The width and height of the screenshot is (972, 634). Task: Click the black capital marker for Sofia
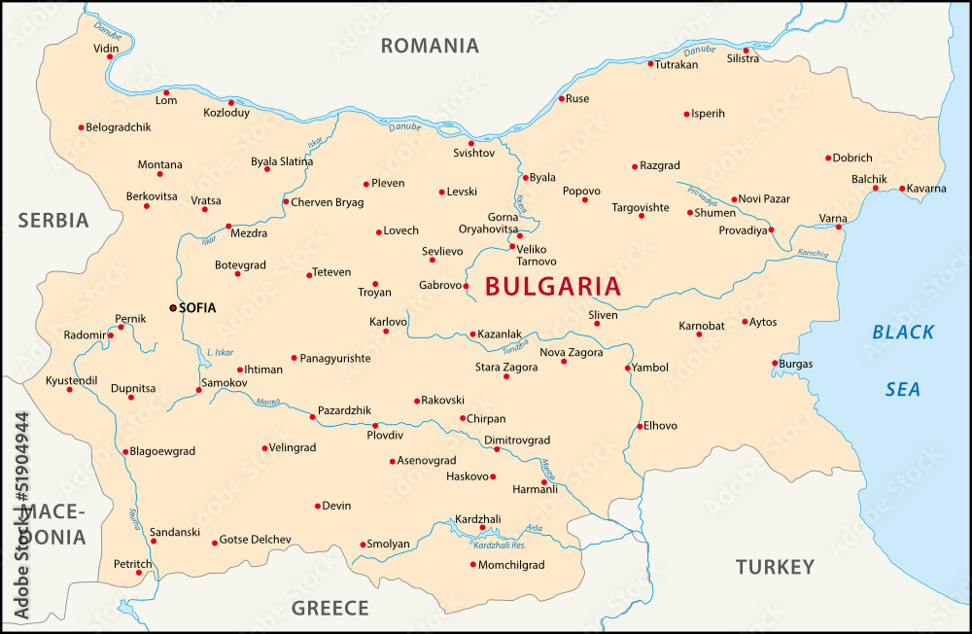tap(173, 307)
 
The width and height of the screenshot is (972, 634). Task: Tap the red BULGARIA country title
tap(552, 286)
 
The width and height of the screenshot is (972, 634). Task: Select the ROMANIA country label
tap(429, 46)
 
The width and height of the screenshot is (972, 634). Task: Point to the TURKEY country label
tap(774, 566)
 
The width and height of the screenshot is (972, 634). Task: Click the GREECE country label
tap(330, 609)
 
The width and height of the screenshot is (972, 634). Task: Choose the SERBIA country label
tap(53, 220)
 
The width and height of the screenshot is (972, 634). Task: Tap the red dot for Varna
tap(839, 227)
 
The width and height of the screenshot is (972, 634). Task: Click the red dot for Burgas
tap(775, 363)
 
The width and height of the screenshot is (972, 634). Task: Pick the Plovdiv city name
tap(385, 436)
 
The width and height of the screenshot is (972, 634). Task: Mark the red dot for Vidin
tap(110, 56)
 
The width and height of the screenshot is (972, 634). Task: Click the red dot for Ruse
tap(561, 98)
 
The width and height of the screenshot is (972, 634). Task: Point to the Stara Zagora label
tap(505, 367)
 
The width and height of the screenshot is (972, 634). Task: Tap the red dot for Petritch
tap(138, 573)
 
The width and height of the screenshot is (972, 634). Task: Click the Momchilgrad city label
tap(512, 565)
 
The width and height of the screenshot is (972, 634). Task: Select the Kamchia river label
tap(813, 254)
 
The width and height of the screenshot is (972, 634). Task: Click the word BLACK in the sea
tap(903, 333)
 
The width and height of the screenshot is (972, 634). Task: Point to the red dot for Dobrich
tap(828, 158)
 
